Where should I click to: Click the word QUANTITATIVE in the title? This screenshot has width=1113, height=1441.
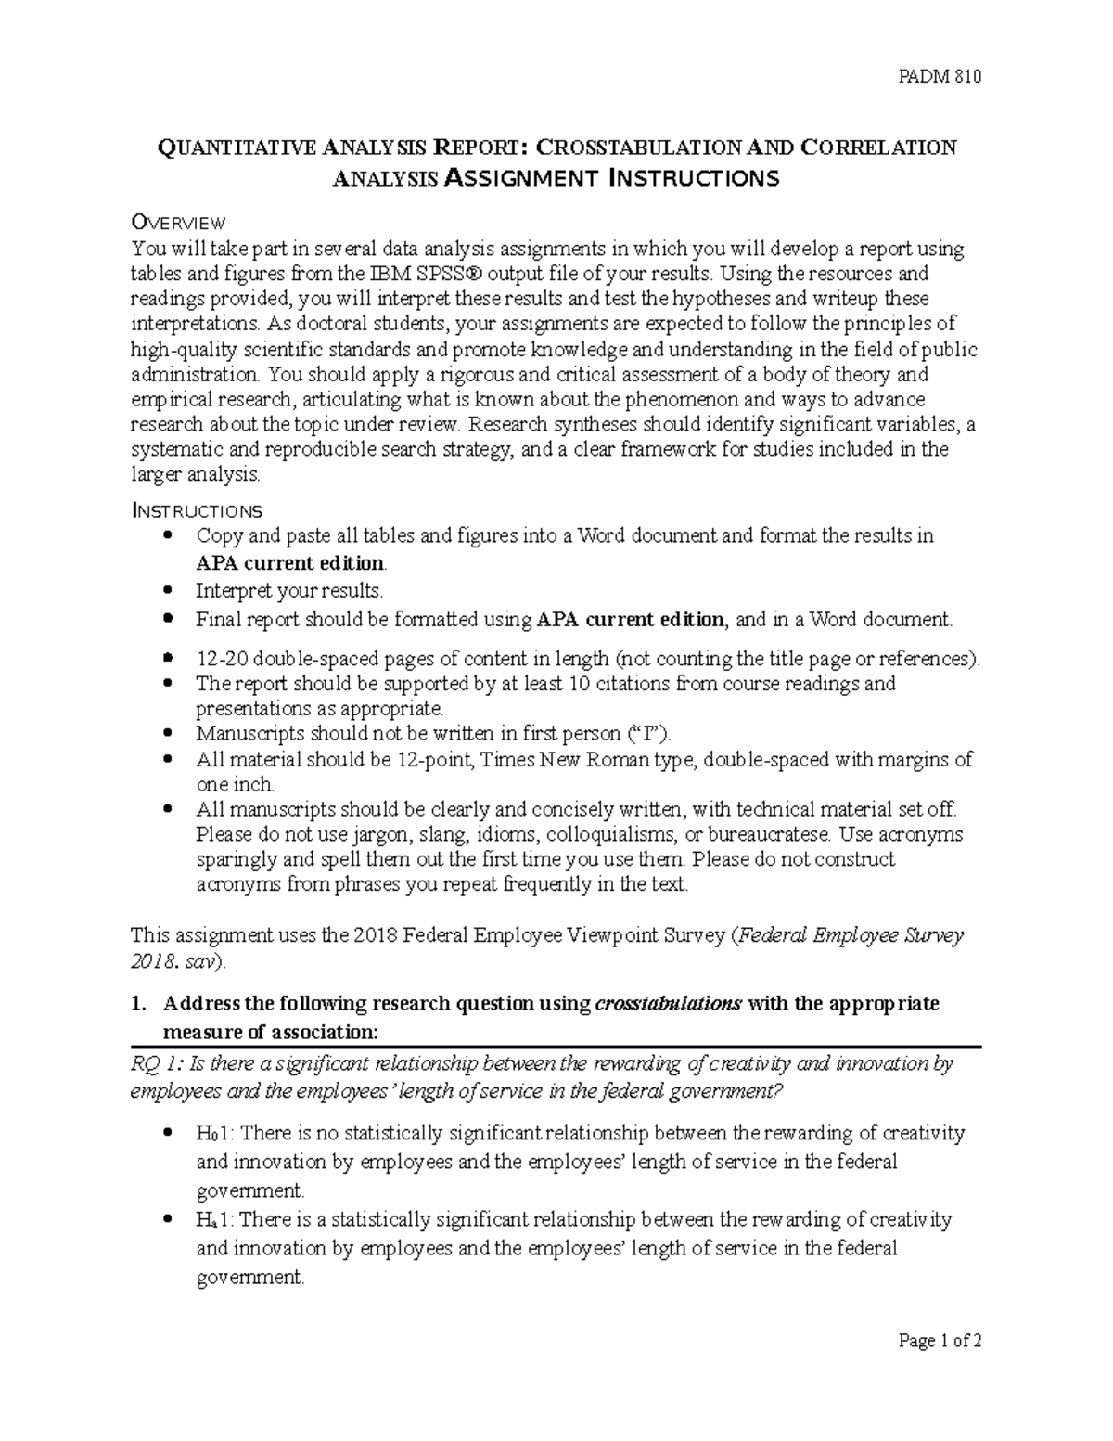coord(237,148)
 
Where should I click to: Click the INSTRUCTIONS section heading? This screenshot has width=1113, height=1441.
coord(197,510)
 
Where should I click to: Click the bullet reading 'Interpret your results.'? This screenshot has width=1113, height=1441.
coord(288,591)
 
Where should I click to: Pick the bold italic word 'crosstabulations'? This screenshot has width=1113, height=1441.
coord(668,1004)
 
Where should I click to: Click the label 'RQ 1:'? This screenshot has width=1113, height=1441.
coord(156,1064)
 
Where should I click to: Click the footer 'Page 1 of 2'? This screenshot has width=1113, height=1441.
coord(939,1367)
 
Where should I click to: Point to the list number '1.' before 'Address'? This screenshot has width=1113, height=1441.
coord(138,1004)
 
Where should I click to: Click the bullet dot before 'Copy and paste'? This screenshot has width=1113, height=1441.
coord(167,535)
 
